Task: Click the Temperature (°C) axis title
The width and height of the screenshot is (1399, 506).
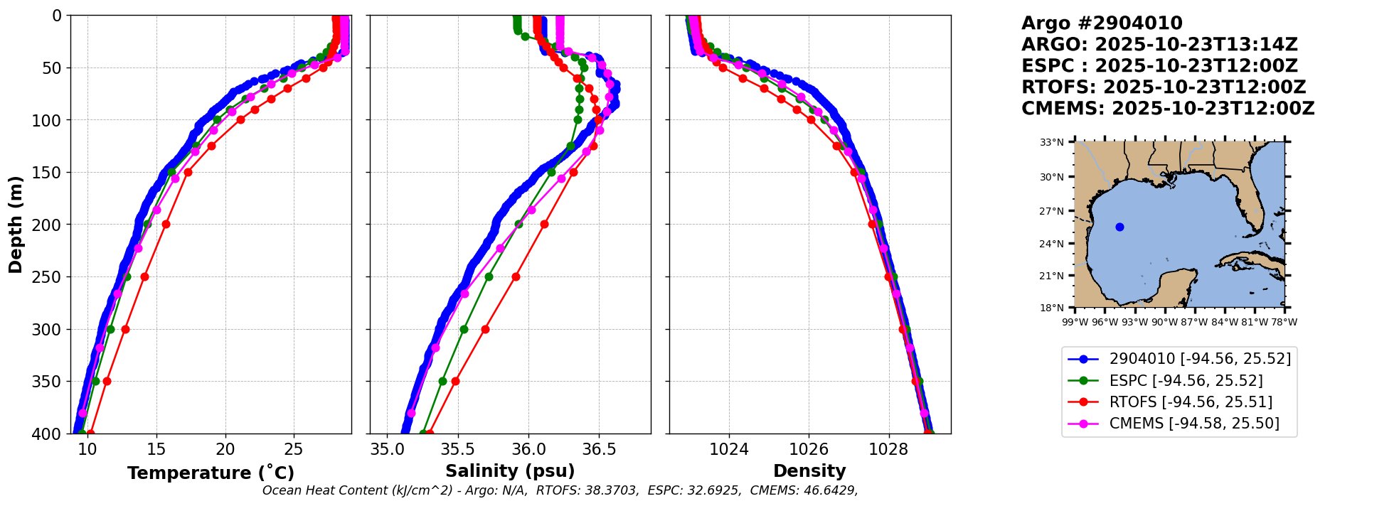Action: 211,473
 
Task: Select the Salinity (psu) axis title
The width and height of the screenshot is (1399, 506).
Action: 510,471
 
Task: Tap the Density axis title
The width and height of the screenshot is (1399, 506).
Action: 809,471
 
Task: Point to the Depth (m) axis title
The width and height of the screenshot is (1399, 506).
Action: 16,225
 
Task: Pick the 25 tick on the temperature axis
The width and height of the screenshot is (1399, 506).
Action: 293,449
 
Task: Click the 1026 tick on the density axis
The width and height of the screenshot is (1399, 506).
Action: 809,449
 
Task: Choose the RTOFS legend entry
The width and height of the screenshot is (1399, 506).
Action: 1191,402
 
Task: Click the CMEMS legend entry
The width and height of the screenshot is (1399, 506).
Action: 1194,424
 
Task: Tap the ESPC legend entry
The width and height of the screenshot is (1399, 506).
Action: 1186,381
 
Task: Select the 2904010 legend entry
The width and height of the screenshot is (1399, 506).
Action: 1200,359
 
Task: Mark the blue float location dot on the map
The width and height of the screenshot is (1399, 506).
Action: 1119,227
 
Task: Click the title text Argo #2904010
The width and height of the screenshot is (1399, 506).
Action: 1102,23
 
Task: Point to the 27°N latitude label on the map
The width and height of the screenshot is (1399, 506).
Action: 1052,211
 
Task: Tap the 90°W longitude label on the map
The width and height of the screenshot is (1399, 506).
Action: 1164,322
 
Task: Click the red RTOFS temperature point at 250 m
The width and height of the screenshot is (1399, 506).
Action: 144,276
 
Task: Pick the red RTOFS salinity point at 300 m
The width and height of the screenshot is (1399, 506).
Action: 485,329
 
